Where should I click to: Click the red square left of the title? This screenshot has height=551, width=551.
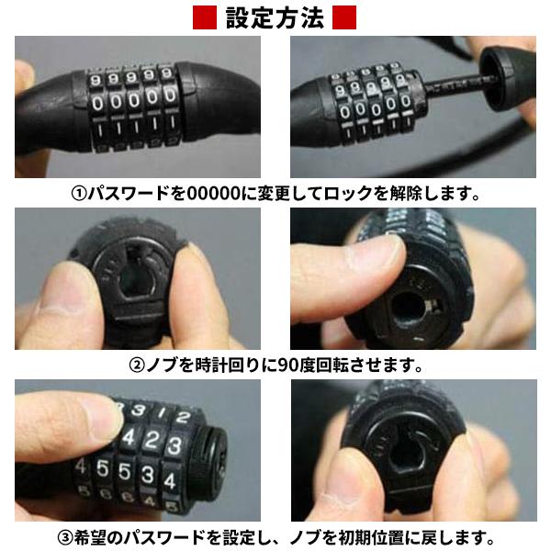click(x=205, y=17)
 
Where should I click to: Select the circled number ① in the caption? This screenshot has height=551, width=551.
click(x=81, y=195)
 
